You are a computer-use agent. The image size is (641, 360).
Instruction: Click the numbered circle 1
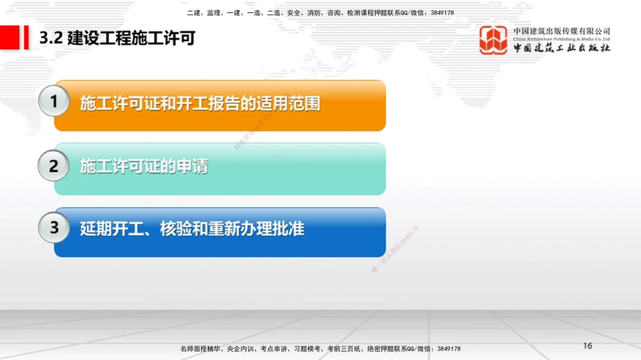(54, 102)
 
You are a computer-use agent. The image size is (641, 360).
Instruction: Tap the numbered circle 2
(54, 167)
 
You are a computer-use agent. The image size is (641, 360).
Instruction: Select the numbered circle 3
(54, 228)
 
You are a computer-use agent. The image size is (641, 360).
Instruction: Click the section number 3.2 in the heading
(50, 38)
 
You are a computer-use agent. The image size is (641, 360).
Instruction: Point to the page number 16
(588, 346)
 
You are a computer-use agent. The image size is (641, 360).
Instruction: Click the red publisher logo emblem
(494, 40)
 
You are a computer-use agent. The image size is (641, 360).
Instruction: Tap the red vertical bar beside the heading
(26, 38)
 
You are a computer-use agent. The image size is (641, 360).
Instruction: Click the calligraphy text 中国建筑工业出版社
(562, 48)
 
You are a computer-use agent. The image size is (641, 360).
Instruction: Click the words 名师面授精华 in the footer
(200, 349)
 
